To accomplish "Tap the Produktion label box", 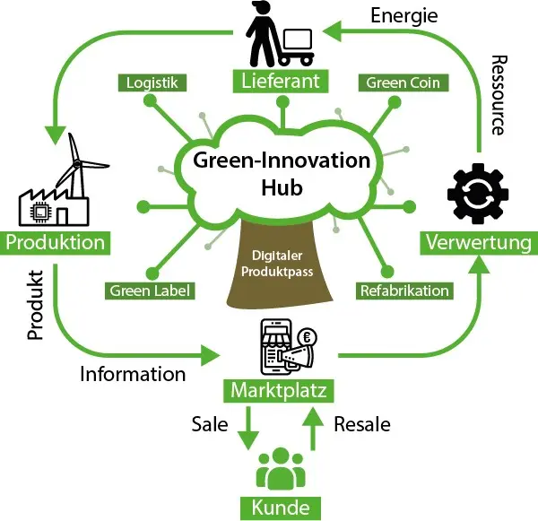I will coord(56,243).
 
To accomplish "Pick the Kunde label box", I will coord(281,508).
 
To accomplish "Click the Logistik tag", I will coord(152,83).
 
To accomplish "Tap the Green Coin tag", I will coord(402,83).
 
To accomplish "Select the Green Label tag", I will coord(151,291).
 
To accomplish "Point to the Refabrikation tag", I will coord(403,291).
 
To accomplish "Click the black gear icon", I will coord(478,191).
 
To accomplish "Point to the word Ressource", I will coord(499,95).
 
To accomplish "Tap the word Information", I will coord(132,373).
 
